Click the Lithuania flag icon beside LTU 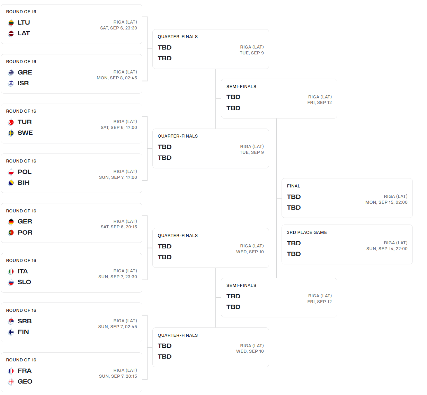tap(11, 23)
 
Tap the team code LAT tap(24, 33)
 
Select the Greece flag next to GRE tap(11, 72)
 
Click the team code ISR tap(23, 83)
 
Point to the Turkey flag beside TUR tap(11, 122)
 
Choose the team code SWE tap(25, 133)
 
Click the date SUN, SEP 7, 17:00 tap(118, 177)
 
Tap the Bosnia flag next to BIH tap(11, 183)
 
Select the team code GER tap(25, 221)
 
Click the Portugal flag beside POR tap(11, 232)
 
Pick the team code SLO tap(24, 282)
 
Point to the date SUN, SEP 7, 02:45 tap(118, 327)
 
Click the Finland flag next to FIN tap(11, 332)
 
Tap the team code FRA tap(25, 371)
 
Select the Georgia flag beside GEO tap(11, 382)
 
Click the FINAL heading tap(293, 186)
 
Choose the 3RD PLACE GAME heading tap(307, 232)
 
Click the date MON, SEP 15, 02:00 tap(386, 202)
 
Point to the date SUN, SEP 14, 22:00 tap(387, 249)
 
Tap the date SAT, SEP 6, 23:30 tap(118, 28)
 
